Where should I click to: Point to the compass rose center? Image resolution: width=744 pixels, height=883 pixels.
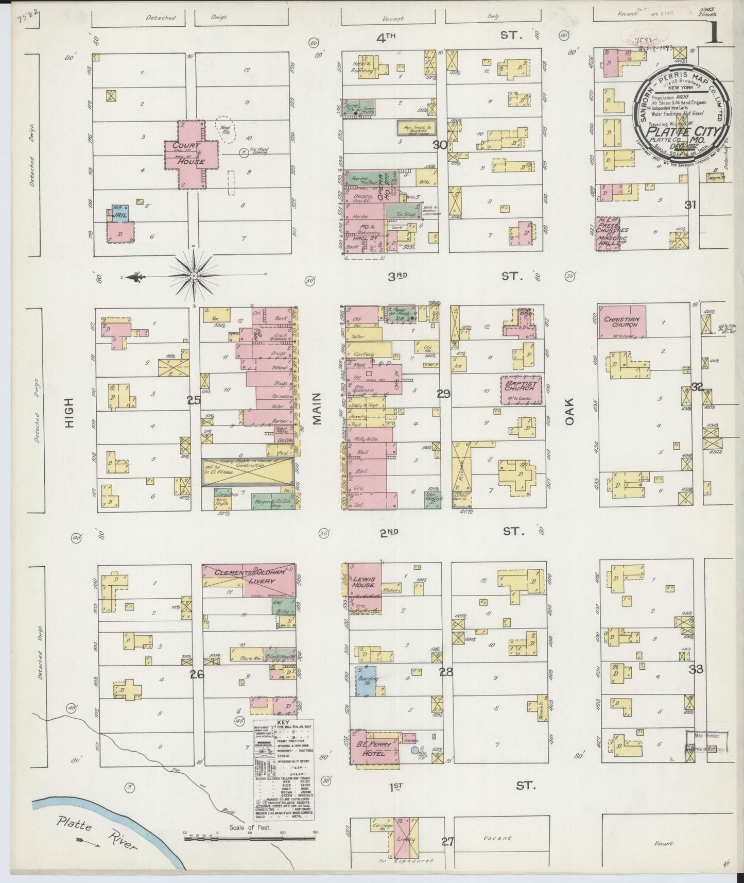[x=194, y=276]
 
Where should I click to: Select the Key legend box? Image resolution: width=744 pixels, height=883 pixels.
[x=284, y=770]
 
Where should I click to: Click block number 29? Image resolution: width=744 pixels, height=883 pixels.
[x=444, y=395]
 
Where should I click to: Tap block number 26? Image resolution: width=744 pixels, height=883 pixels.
[x=197, y=674]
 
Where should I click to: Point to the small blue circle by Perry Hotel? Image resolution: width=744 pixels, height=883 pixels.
[x=414, y=751]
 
